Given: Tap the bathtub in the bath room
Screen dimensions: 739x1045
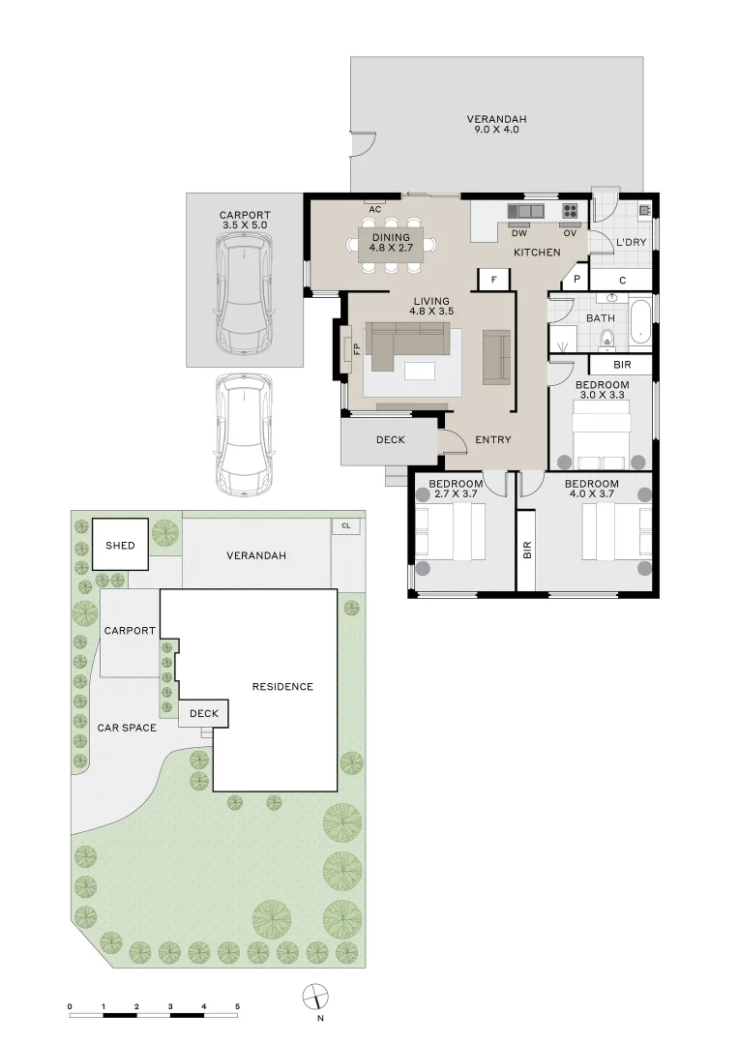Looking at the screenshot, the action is click(x=640, y=322).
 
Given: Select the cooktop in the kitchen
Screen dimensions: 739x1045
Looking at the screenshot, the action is click(x=570, y=211).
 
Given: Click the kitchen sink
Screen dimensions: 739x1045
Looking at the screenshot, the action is click(x=526, y=211).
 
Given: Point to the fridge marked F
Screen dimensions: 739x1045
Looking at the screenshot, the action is click(x=493, y=280).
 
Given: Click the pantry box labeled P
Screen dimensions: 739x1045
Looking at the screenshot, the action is click(x=576, y=280).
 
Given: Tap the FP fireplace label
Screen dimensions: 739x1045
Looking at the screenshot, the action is click(x=357, y=348).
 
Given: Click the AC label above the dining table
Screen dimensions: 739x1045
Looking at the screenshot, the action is click(x=375, y=209).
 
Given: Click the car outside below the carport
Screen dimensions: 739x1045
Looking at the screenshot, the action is click(x=244, y=434).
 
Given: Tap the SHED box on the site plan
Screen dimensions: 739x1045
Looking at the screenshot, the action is click(x=120, y=545).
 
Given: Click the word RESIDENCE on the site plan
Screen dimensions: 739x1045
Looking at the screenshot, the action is click(x=282, y=686).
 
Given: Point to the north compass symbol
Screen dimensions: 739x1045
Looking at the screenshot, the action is click(x=315, y=998).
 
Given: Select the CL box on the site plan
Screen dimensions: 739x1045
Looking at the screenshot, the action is click(x=346, y=525).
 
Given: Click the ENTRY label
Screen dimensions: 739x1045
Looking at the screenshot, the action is click(x=493, y=440).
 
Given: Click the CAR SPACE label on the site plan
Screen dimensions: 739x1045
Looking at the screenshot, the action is click(x=127, y=728).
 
